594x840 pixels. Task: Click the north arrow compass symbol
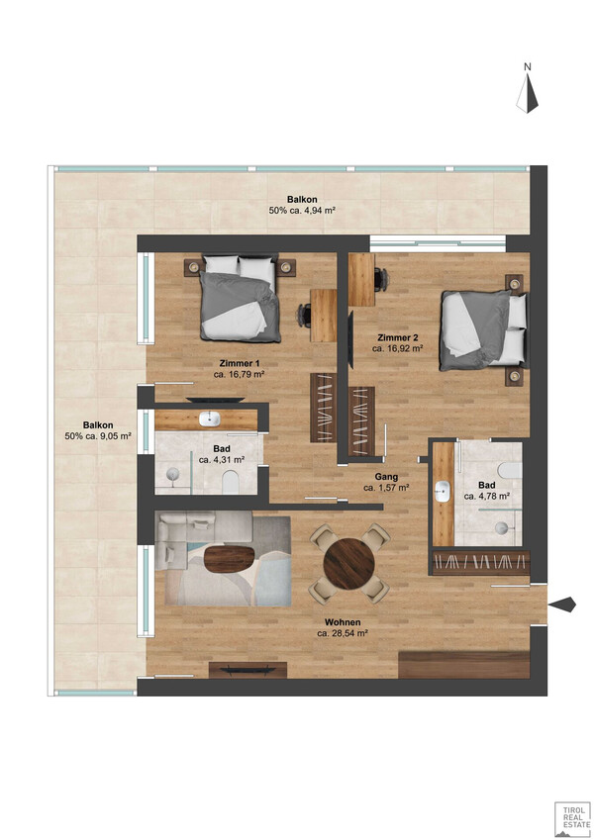pyautogui.click(x=527, y=93)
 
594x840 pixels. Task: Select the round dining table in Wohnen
pyautogui.click(x=349, y=564)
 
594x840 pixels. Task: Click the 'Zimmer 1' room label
pyautogui.click(x=240, y=363)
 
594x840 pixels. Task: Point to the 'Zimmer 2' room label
pyautogui.click(x=397, y=337)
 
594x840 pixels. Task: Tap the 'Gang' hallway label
pyautogui.click(x=386, y=476)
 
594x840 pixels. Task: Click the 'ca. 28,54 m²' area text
pyautogui.click(x=342, y=632)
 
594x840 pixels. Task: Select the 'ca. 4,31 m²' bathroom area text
pyautogui.click(x=222, y=460)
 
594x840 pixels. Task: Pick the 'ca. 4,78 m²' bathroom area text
pyautogui.click(x=486, y=496)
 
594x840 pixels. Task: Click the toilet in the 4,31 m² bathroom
pyautogui.click(x=230, y=483)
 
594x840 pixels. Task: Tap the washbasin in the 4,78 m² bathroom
pyautogui.click(x=443, y=492)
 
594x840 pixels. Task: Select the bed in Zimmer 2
pyautogui.click(x=483, y=330)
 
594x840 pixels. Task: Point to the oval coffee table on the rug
pyautogui.click(x=230, y=559)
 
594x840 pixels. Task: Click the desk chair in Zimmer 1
pyautogui.click(x=305, y=315)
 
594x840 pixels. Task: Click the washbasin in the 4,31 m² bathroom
pyautogui.click(x=209, y=419)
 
